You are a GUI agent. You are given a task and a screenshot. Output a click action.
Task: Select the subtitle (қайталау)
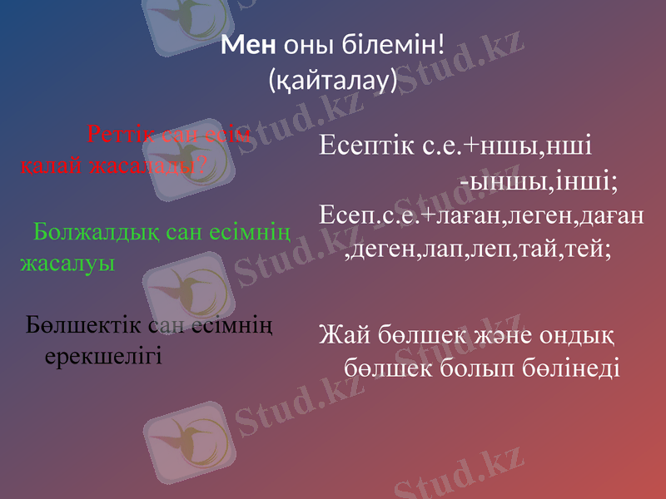coord(332,81)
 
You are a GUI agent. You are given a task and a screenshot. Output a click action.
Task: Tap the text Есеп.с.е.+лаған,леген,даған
coord(481,215)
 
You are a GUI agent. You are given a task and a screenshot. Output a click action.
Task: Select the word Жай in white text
coord(340,335)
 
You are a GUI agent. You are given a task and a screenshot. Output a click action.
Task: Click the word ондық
coord(576,335)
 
